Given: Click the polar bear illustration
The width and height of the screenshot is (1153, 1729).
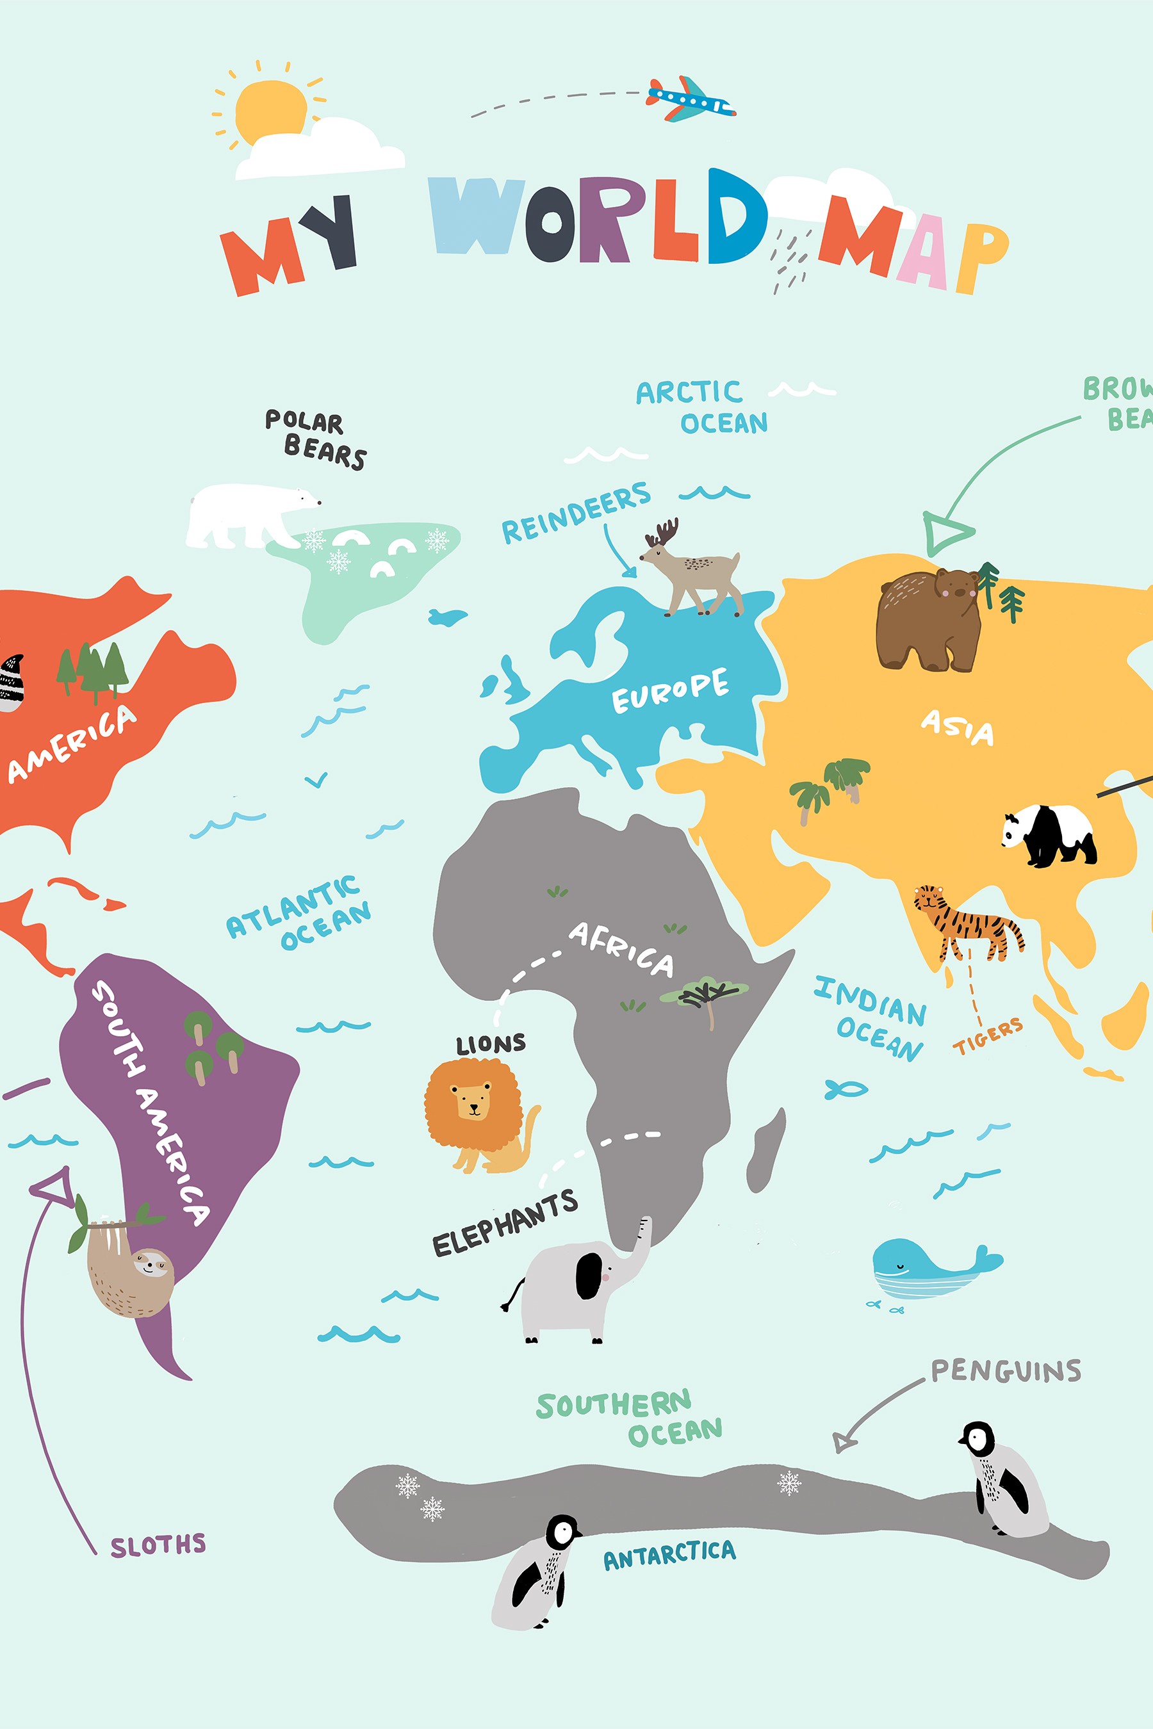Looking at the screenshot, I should coord(247,515).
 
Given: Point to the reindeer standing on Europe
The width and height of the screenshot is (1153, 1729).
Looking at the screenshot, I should coord(691,570).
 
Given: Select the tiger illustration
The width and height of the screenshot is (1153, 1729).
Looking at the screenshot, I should coord(968,923).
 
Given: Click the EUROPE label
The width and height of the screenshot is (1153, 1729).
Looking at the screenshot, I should coord(670,690).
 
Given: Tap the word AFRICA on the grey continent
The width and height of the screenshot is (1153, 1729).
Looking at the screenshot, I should coord(621,948).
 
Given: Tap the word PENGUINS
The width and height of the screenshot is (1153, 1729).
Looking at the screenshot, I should coord(1005,1371).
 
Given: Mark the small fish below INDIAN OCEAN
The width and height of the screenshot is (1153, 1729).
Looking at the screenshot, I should coord(846,1089).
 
